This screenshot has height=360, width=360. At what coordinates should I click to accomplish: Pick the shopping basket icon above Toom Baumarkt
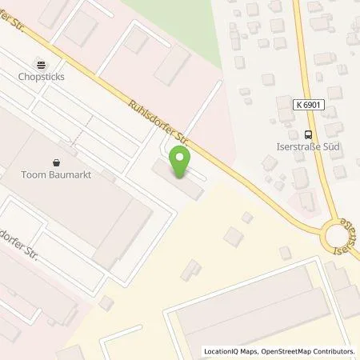(56, 160)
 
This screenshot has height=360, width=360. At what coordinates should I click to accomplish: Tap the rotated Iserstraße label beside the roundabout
(347, 233)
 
